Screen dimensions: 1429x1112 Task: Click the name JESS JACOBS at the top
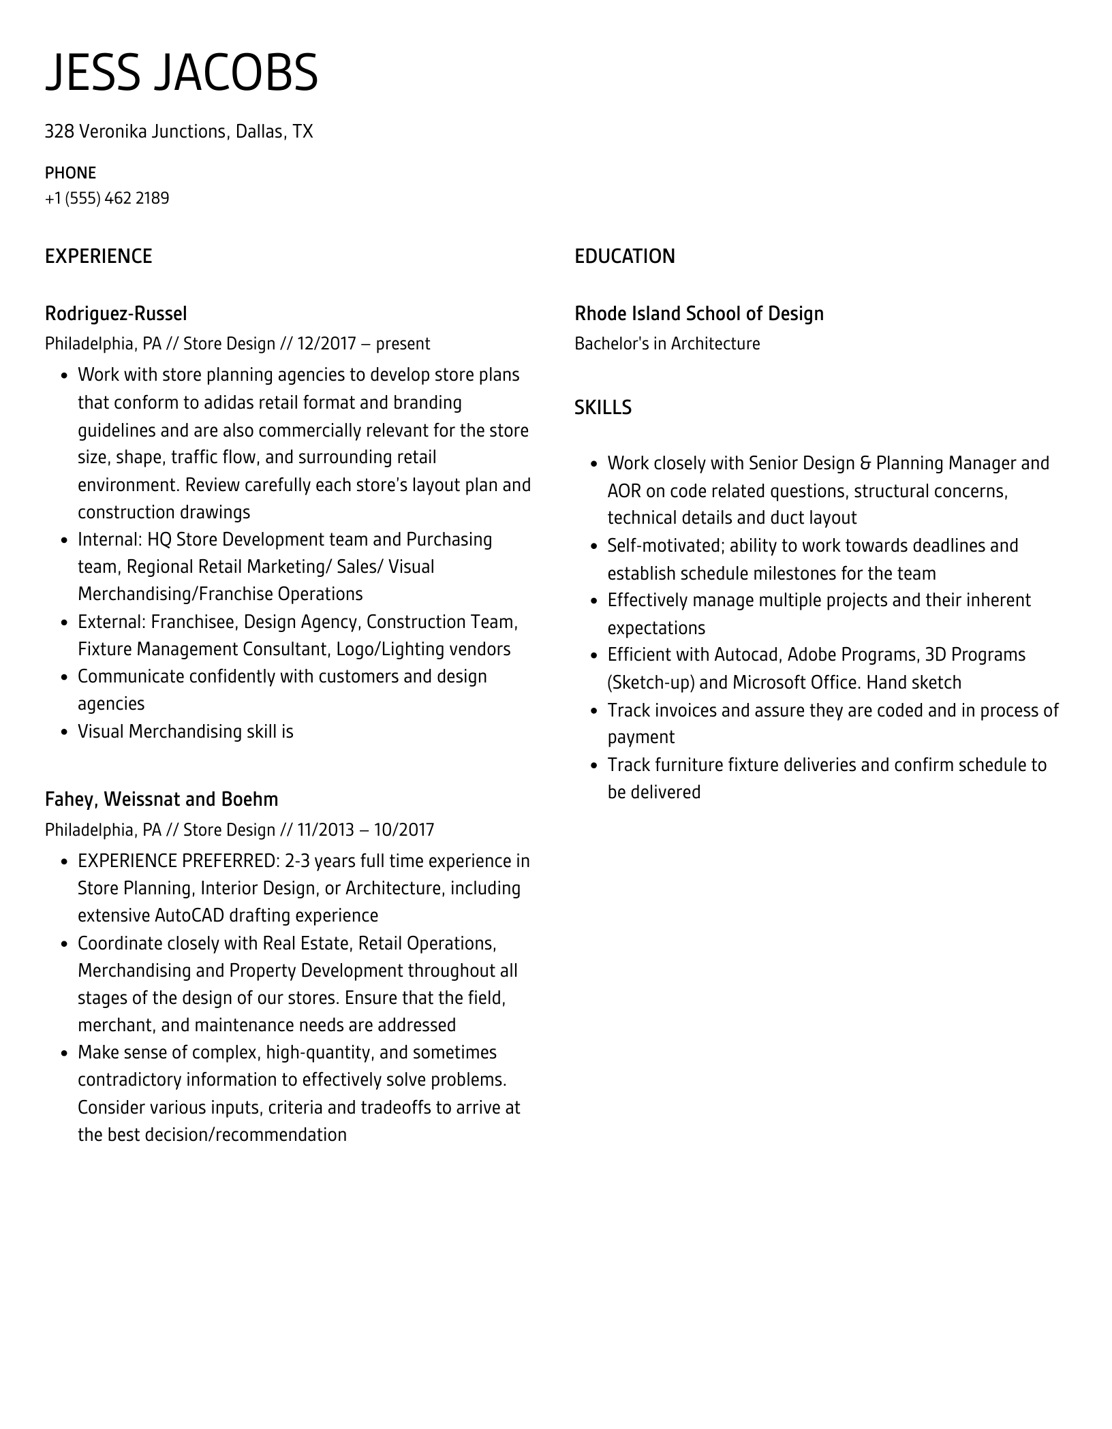click(181, 72)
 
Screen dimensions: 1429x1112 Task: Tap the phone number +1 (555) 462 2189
click(107, 198)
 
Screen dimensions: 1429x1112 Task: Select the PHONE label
click(70, 173)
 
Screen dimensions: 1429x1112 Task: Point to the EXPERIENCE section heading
click(98, 257)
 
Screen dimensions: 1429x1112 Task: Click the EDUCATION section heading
click(624, 257)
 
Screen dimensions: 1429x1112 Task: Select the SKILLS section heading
click(602, 407)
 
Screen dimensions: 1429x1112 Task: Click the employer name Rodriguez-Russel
click(116, 314)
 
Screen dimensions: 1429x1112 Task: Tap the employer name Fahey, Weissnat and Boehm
click(161, 799)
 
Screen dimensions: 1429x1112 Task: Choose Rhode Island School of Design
click(698, 314)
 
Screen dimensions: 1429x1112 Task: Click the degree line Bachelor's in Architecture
click(666, 344)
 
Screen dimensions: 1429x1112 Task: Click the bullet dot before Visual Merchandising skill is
click(64, 733)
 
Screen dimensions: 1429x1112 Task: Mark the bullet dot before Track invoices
click(593, 711)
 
